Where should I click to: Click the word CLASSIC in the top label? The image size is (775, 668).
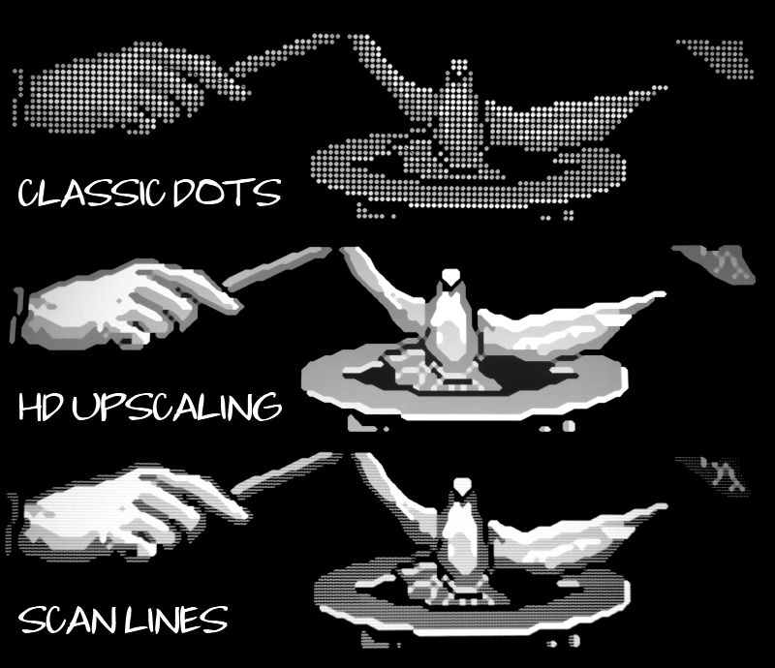tap(90, 193)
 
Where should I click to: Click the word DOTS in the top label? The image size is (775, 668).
tap(227, 193)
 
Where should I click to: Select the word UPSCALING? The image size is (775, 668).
tap(177, 407)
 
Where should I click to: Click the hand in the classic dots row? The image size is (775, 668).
tap(129, 88)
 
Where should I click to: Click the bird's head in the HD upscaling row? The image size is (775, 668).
tap(450, 276)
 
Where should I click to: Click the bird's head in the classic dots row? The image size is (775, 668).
tap(459, 68)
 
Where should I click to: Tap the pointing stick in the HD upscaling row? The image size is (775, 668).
tap(277, 268)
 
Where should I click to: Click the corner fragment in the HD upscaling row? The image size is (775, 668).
tap(716, 263)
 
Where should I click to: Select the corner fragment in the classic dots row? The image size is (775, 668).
tap(717, 58)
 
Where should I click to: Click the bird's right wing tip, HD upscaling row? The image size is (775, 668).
tap(663, 295)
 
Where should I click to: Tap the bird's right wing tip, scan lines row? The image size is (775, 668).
tap(664, 506)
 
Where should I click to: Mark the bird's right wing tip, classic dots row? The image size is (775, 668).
tap(664, 88)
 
